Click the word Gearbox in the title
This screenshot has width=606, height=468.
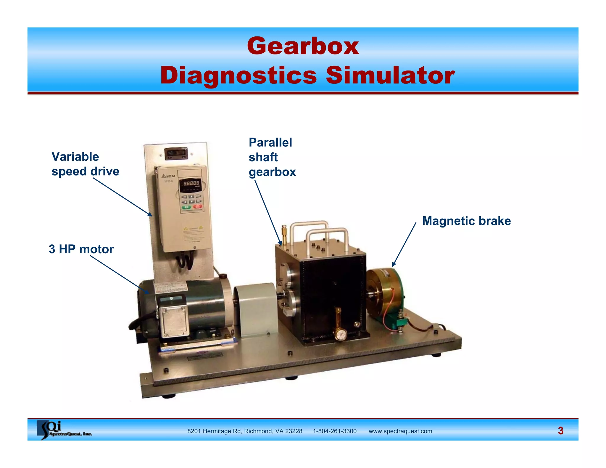pyautogui.click(x=303, y=46)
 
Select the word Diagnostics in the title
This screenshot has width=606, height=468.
pyautogui.click(x=238, y=76)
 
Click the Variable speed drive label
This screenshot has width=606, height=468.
pyautogui.click(x=85, y=164)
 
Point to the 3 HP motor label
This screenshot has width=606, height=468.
pyautogui.click(x=81, y=249)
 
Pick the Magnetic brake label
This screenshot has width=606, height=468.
pyautogui.click(x=466, y=221)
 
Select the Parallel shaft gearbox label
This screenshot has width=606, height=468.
pyautogui.click(x=272, y=157)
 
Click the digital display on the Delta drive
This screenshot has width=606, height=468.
pyautogui.click(x=191, y=183)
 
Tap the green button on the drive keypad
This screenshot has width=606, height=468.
pyautogui.click(x=186, y=207)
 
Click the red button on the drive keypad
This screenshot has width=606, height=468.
pyautogui.click(x=197, y=207)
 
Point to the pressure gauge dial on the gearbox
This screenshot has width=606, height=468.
pyautogui.click(x=341, y=335)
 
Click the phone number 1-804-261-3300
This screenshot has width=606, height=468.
pyautogui.click(x=335, y=431)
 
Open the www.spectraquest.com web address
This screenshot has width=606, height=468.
pyautogui.click(x=400, y=431)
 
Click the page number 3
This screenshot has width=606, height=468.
pyautogui.click(x=560, y=431)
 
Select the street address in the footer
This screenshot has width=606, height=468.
pyautogui.click(x=245, y=431)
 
